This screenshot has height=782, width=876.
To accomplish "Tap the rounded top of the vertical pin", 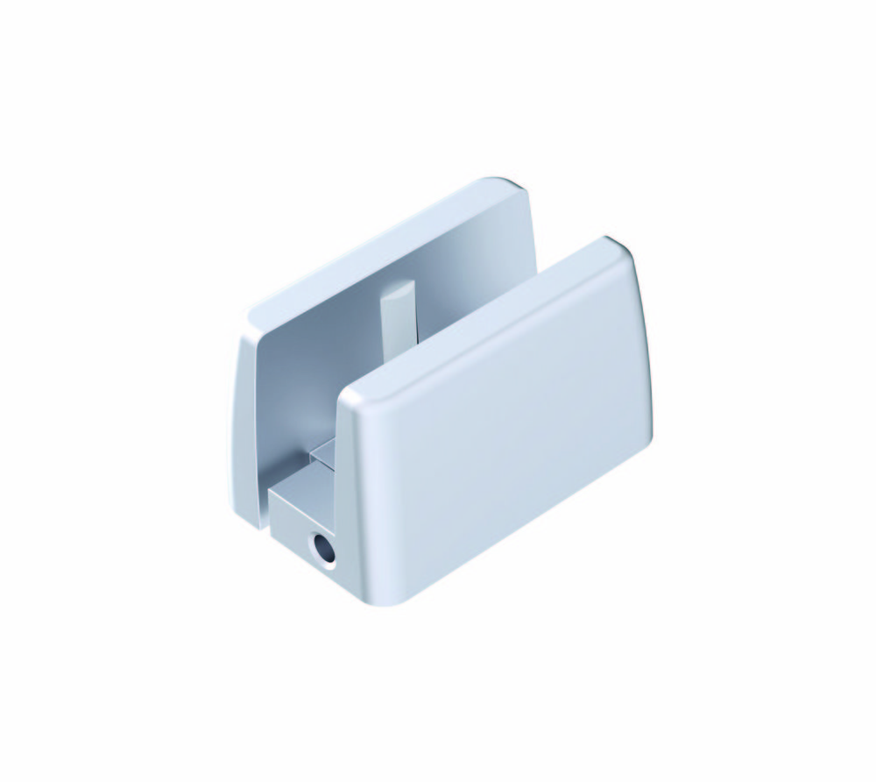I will point(394,287).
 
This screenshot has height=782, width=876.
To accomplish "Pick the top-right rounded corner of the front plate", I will point(624,250).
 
